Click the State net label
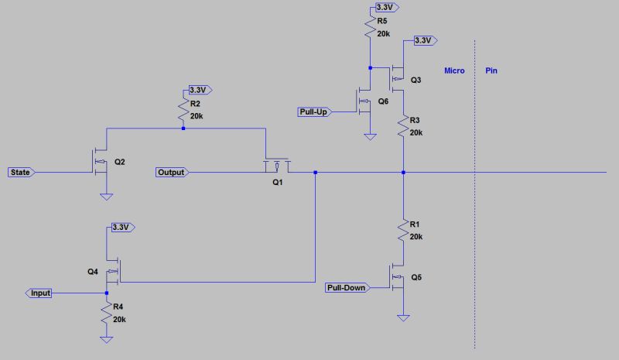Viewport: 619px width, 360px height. click(20, 172)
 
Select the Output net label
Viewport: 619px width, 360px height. click(171, 172)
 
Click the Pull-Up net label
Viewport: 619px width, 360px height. click(313, 112)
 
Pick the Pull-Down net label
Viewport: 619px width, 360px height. click(346, 288)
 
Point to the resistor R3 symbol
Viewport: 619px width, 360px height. click(403, 126)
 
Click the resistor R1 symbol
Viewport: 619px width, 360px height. click(403, 231)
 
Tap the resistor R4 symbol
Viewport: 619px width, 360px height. click(106, 313)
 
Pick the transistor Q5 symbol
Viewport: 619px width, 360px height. click(398, 278)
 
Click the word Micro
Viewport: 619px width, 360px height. click(454, 70)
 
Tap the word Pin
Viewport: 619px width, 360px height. click(491, 70)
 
